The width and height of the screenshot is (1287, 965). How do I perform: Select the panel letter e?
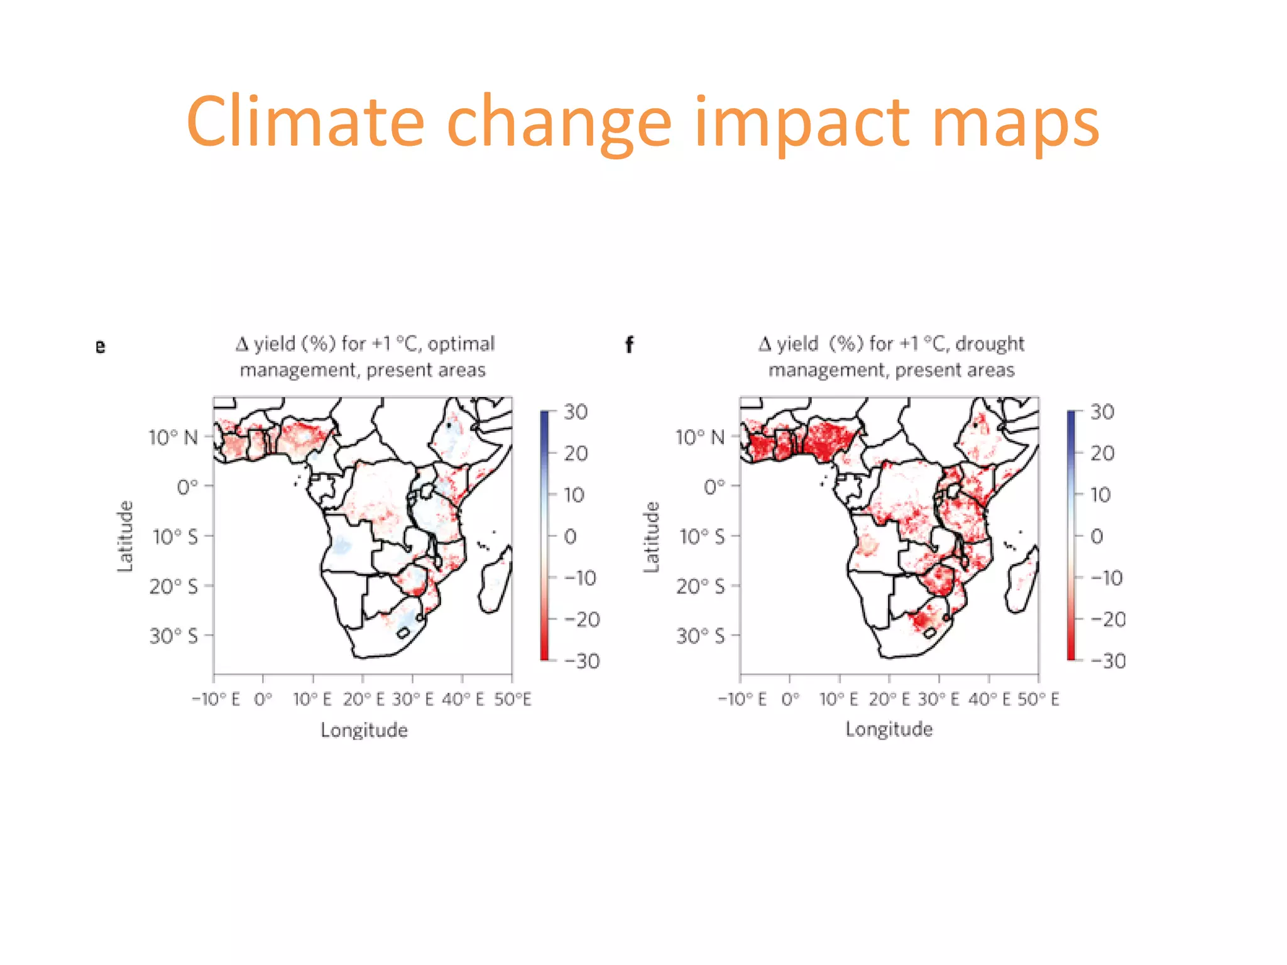(x=101, y=346)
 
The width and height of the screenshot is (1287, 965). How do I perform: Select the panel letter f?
(x=629, y=345)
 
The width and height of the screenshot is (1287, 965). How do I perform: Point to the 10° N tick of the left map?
(x=173, y=437)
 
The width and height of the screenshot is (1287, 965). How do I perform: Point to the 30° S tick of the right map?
(x=700, y=636)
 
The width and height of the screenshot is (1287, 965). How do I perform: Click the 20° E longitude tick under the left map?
(x=363, y=699)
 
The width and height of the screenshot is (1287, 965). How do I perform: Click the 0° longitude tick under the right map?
(x=790, y=699)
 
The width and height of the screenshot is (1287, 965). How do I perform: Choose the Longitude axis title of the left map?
(x=364, y=730)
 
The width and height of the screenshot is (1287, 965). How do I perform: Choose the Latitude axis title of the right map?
(x=652, y=537)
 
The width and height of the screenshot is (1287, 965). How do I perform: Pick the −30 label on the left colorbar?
(x=581, y=661)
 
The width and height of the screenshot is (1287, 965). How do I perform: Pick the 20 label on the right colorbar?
(x=1102, y=453)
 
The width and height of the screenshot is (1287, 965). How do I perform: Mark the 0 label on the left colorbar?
(x=570, y=537)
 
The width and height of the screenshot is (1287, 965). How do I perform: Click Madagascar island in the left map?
(x=495, y=581)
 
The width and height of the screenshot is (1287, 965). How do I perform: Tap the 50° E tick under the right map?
(x=1038, y=699)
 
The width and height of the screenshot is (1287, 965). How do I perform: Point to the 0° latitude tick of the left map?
(x=187, y=487)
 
